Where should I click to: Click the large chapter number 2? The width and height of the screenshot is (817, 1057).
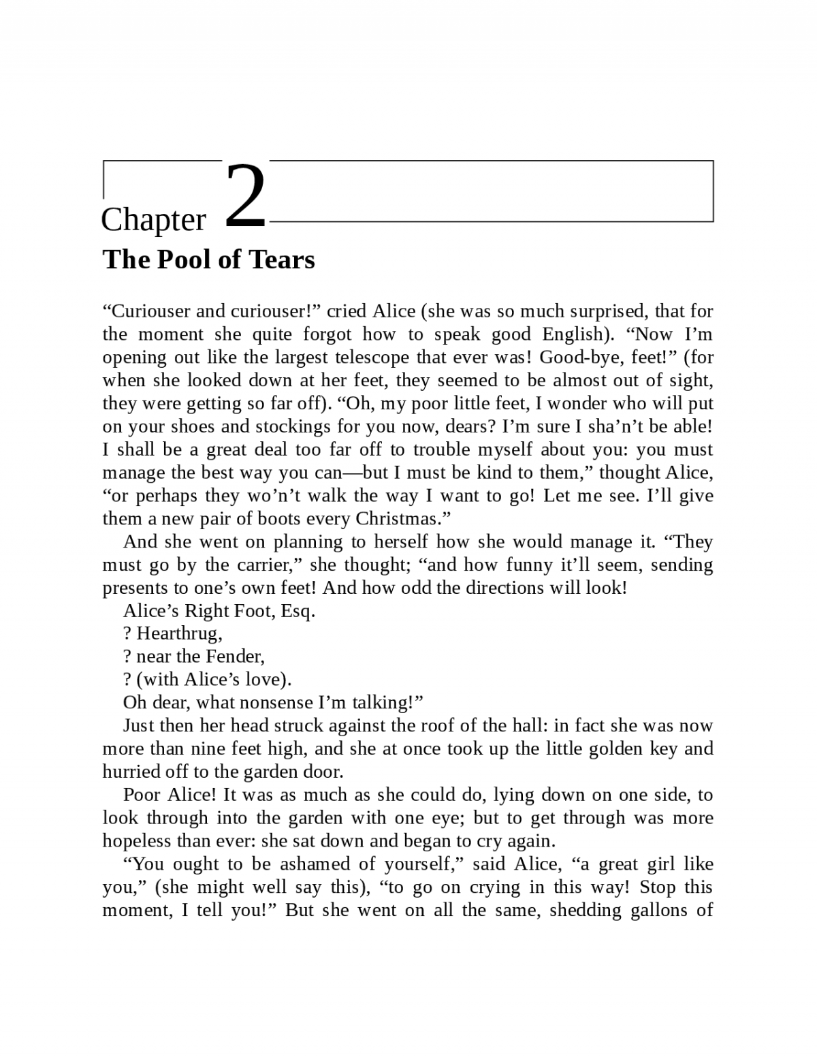(x=245, y=195)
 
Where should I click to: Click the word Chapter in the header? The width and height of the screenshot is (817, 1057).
(x=153, y=220)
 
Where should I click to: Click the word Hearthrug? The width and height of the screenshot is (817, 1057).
(x=178, y=634)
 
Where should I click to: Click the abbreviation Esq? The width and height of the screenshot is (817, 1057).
(x=298, y=611)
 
